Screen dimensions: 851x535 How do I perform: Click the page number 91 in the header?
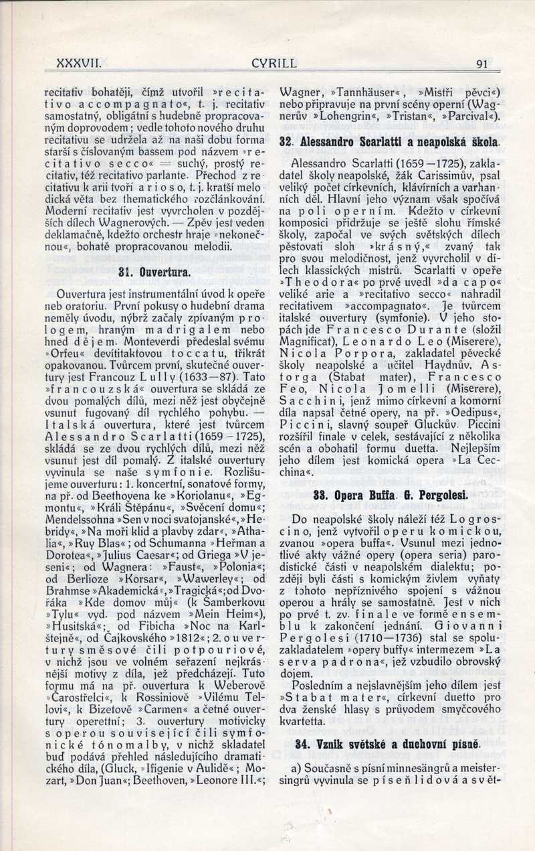tap(481, 64)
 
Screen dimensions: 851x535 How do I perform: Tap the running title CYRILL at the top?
tap(274, 64)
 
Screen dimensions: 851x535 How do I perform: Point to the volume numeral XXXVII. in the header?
tap(78, 64)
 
